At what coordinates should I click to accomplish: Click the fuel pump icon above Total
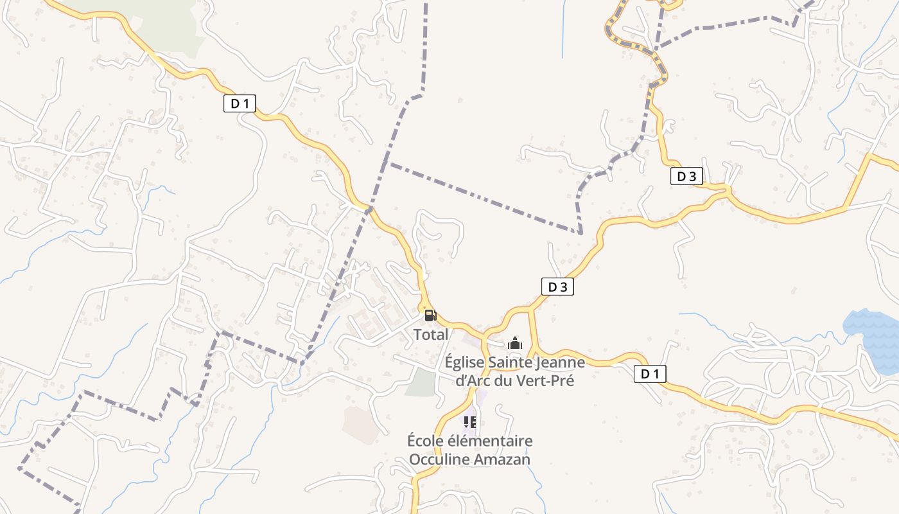(430, 315)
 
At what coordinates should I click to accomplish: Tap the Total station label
(431, 335)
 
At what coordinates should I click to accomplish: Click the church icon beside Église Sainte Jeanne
(515, 343)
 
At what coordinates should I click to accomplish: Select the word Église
(465, 362)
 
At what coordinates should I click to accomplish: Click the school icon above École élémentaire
(470, 422)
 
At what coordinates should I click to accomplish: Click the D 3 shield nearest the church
(557, 287)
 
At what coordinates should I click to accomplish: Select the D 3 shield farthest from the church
(686, 176)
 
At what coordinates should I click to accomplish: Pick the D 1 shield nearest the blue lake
(650, 374)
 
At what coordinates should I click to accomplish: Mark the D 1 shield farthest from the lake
(240, 103)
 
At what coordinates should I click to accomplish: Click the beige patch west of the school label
(361, 424)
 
